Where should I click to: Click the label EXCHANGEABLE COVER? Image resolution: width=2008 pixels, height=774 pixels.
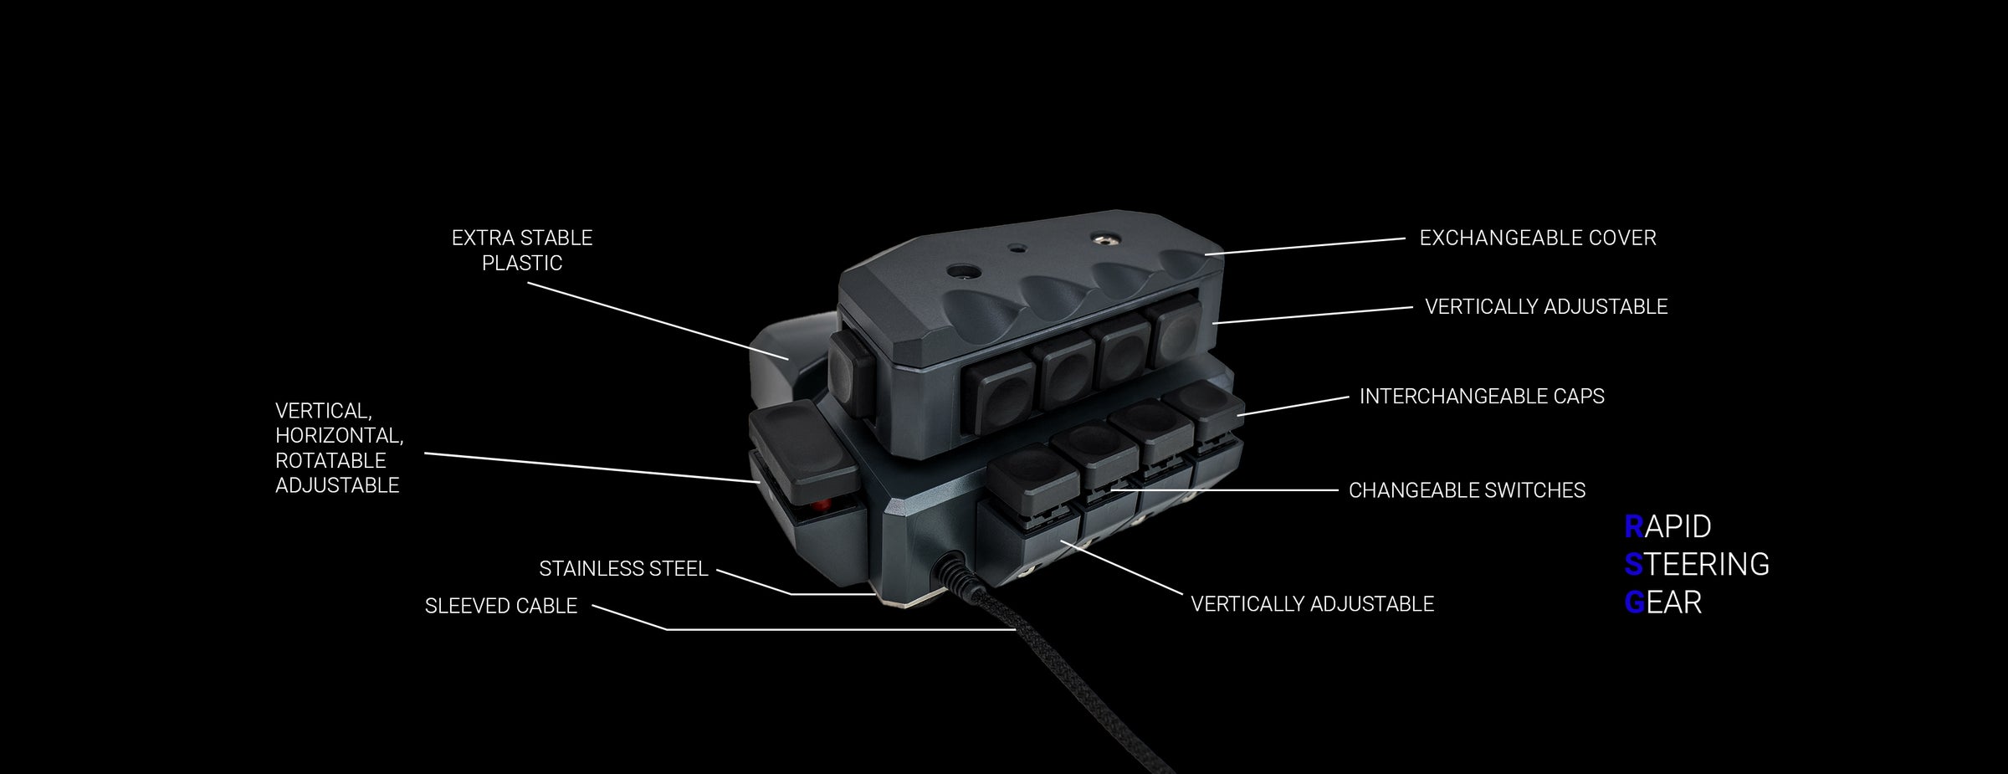point(1538,238)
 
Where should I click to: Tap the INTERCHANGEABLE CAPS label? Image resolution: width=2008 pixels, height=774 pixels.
point(1482,396)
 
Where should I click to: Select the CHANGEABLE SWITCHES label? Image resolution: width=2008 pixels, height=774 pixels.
point(1467,490)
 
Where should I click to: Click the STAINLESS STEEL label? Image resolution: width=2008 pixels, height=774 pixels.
point(623,569)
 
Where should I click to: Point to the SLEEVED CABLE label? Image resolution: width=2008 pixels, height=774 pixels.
point(501,606)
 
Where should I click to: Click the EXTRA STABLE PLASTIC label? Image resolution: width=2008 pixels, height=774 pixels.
point(522,250)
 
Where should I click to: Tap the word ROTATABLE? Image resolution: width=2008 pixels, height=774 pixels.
point(330,460)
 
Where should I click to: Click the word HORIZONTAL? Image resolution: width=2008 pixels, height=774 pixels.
point(339,436)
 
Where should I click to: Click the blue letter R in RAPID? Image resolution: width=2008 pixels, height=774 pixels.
point(1634,526)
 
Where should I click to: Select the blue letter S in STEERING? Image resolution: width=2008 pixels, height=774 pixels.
point(1634,565)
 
